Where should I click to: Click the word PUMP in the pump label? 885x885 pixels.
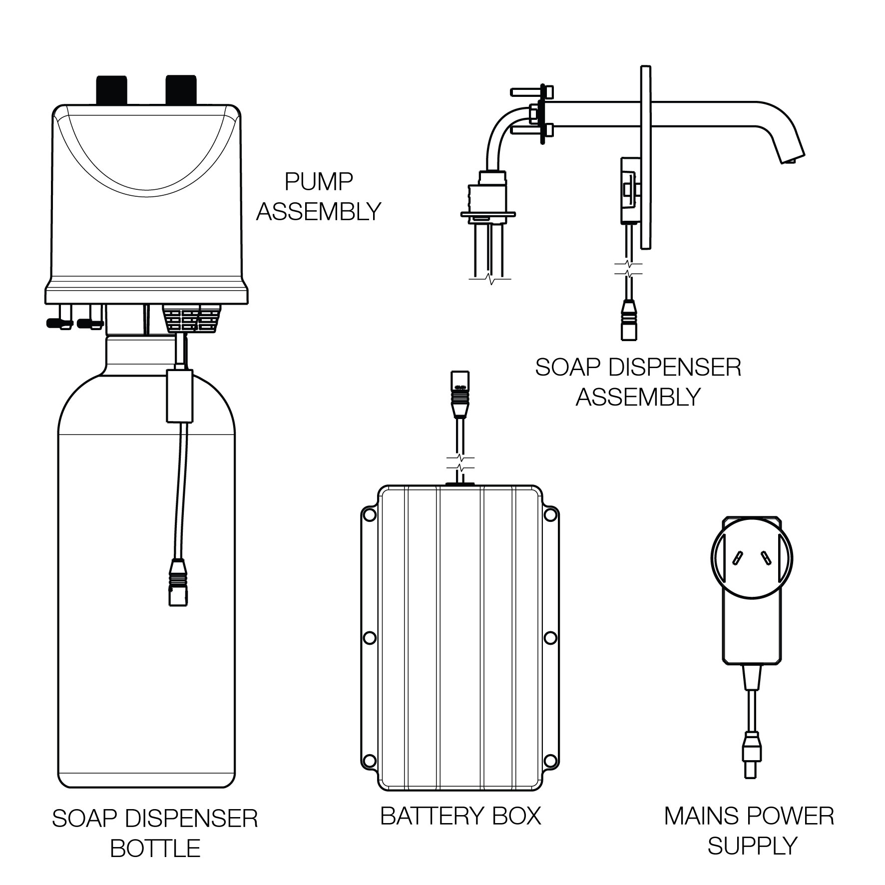[319, 182]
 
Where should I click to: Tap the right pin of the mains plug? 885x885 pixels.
[765, 558]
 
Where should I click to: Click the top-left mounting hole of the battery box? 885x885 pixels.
[370, 514]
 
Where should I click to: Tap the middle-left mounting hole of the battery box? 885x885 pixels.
[370, 638]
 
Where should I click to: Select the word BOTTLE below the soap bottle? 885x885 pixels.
[155, 849]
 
